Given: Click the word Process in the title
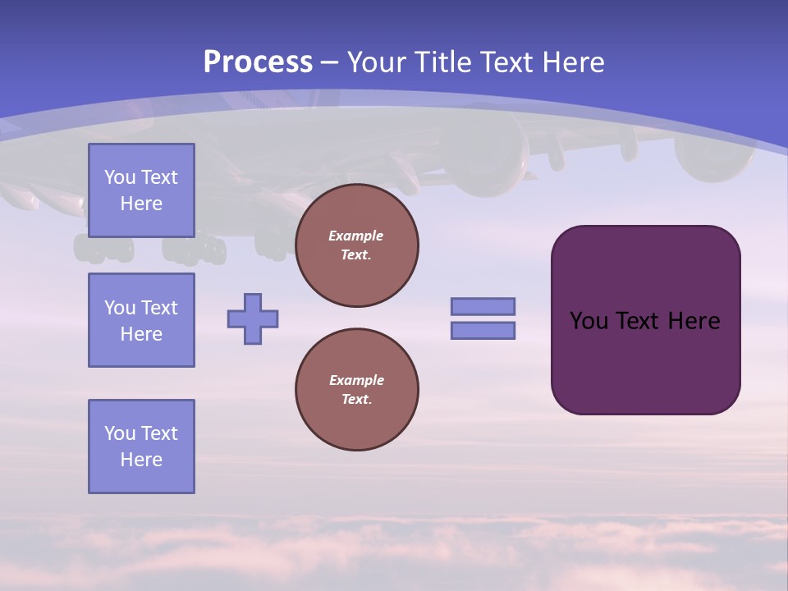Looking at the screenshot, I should [x=258, y=62].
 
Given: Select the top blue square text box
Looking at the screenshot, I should [x=141, y=190].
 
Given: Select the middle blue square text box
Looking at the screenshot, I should [x=141, y=320].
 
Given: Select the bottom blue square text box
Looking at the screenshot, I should [x=141, y=447].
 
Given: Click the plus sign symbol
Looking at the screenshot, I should [x=253, y=318].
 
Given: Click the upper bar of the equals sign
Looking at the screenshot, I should [x=483, y=306].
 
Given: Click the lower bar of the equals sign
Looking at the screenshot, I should [x=483, y=331].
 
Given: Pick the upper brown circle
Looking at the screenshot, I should [x=357, y=245].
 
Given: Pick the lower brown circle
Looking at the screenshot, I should [x=357, y=390].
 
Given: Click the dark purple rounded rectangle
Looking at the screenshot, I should [x=646, y=361].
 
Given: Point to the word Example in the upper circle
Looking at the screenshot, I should [x=356, y=236].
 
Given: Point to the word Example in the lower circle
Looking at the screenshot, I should [x=356, y=380].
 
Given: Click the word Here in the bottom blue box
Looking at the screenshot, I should [x=141, y=460].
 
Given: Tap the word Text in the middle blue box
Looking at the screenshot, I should [x=158, y=308].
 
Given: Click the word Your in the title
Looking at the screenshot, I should [x=375, y=62].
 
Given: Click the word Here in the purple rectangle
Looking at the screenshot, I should [x=694, y=321].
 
